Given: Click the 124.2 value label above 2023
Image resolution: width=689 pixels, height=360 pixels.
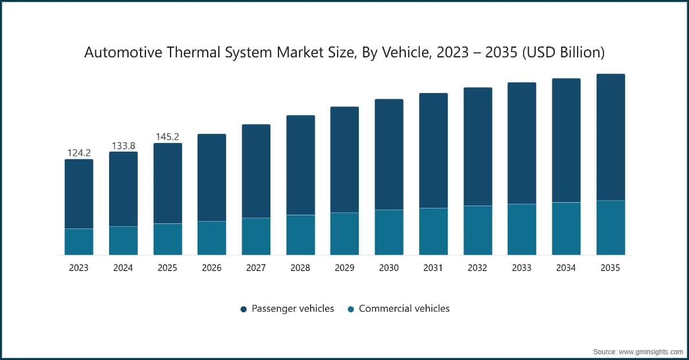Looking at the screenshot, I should pyautogui.click(x=79, y=153).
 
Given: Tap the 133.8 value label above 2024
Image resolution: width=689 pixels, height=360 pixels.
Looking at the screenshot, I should pyautogui.click(x=123, y=145).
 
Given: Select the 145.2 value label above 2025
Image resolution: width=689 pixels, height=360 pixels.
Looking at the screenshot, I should pyautogui.click(x=168, y=137).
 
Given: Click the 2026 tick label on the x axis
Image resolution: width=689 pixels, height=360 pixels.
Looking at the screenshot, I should pyautogui.click(x=212, y=268).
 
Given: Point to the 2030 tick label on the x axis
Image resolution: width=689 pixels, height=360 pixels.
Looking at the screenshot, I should pyautogui.click(x=389, y=268).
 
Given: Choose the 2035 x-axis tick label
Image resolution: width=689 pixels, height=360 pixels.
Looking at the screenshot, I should pyautogui.click(x=610, y=268).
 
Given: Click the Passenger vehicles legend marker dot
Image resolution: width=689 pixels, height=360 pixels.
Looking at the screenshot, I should pyautogui.click(x=243, y=309).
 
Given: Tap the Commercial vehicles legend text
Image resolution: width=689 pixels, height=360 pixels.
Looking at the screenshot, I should pyautogui.click(x=404, y=309).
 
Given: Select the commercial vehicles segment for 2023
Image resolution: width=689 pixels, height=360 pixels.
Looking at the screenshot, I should pyautogui.click(x=79, y=242).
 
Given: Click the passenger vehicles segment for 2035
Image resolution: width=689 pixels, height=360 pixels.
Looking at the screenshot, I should pyautogui.click(x=610, y=137).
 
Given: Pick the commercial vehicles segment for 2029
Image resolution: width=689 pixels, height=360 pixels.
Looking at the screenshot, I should pyautogui.click(x=344, y=234).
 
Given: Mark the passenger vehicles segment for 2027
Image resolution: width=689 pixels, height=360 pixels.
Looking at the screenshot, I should pyautogui.click(x=256, y=171).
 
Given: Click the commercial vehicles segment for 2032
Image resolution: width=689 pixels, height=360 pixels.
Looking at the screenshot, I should pyautogui.click(x=478, y=230).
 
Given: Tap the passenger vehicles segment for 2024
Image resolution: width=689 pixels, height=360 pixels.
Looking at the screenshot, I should pyautogui.click(x=123, y=189).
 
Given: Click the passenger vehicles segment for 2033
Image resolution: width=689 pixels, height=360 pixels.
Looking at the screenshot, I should pyautogui.click(x=522, y=143).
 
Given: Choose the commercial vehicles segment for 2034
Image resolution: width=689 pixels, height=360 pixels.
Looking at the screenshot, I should pyautogui.click(x=566, y=229).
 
